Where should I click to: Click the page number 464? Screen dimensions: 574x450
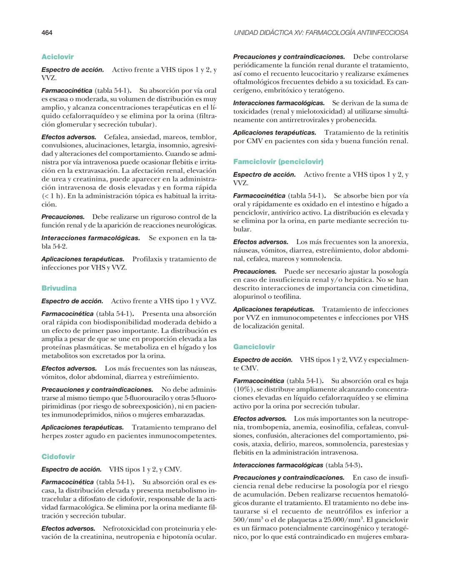tap(47, 32)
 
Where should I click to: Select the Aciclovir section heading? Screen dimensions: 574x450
tap(57, 57)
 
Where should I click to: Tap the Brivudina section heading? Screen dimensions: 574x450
tap(59, 288)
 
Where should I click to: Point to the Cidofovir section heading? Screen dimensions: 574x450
tap(58, 457)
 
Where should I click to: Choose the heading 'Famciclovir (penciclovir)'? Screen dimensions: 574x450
tap(278, 161)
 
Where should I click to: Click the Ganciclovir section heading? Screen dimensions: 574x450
tap(254, 346)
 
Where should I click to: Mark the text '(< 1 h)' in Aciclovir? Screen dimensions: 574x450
tap(53, 196)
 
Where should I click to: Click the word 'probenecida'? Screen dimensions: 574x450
tap(358, 120)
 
